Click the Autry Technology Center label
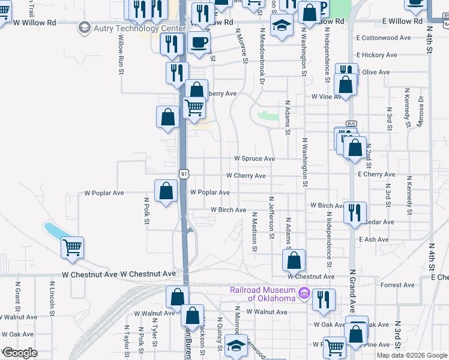[139, 28]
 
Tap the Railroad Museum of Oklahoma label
[263, 294]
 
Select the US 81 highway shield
[184, 174]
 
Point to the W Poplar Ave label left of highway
[104, 193]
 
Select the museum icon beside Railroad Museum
[304, 293]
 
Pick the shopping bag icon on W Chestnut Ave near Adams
[294, 260]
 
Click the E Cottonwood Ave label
[383, 37]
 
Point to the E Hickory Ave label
[378, 55]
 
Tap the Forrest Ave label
[397, 285]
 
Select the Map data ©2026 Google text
[412, 355]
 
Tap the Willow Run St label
[121, 55]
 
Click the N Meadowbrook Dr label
[262, 55]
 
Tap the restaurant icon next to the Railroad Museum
[324, 299]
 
